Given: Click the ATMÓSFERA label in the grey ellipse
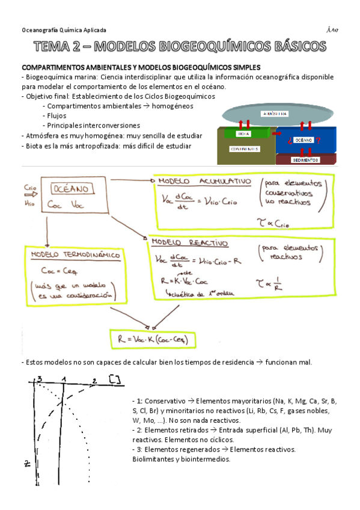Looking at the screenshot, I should [274, 114].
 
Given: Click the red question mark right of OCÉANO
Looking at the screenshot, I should [318, 140].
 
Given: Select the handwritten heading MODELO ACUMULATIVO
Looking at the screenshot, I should [197, 181].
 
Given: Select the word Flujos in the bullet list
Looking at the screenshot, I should [55, 115].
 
